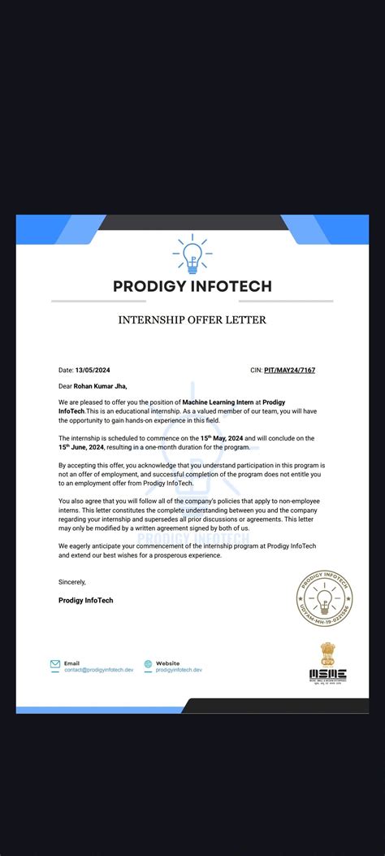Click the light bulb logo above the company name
coord(192,254)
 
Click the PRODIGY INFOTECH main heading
coord(192,286)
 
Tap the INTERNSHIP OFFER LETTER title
coord(192,320)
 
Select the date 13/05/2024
coord(92,370)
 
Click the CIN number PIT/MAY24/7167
coord(289,370)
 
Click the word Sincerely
coord(72,582)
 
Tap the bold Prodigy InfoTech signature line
coord(86,600)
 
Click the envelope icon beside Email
coord(55,664)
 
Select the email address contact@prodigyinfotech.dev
coord(98,670)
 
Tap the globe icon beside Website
coord(148,664)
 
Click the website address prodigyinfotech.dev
coord(179,670)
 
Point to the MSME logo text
coord(327,674)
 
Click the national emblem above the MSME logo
coord(327,652)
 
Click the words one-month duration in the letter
coord(196,447)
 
